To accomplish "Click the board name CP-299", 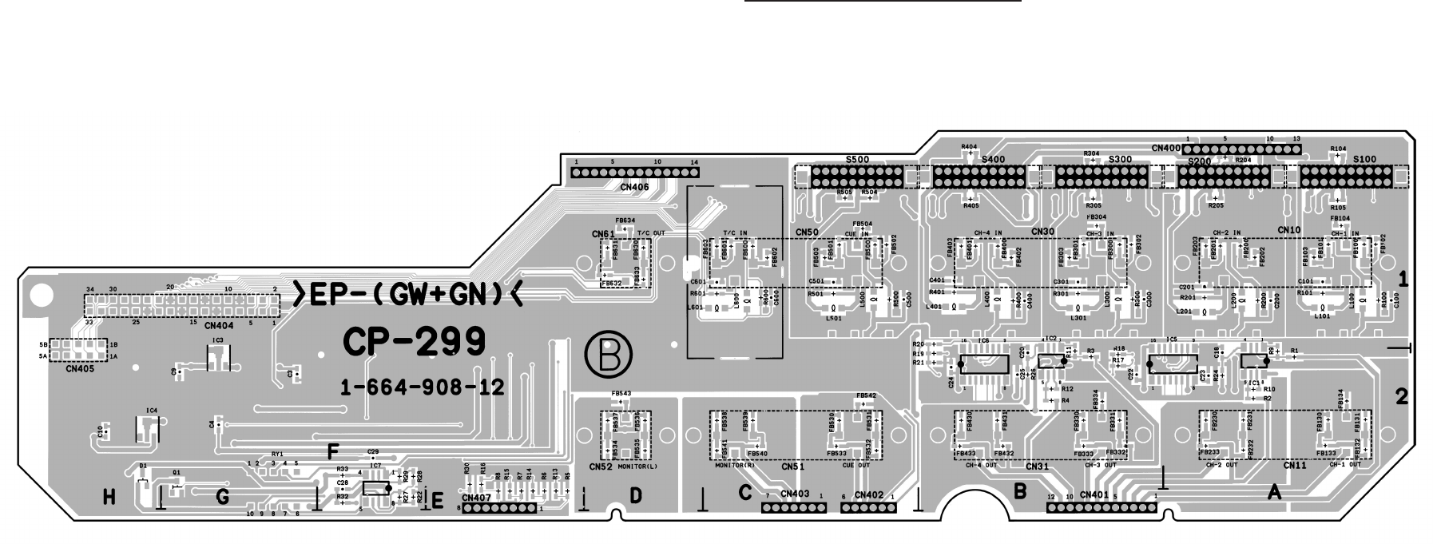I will (x=414, y=343).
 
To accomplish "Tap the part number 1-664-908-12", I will (x=423, y=387).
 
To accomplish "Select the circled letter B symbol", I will (x=608, y=355).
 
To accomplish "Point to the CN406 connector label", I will (x=634, y=188).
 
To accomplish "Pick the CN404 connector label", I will (x=219, y=326).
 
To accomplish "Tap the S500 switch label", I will (x=856, y=160).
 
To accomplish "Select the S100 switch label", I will (x=1364, y=160).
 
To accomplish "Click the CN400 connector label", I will (x=1165, y=149).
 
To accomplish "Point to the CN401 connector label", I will (x=1094, y=495).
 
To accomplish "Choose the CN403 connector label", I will (x=795, y=495).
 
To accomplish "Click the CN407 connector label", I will (x=476, y=498).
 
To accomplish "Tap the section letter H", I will (x=109, y=498).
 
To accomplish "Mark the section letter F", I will (x=333, y=451).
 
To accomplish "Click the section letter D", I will (x=635, y=495).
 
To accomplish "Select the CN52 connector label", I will (x=600, y=467).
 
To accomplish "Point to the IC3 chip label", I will (x=217, y=340).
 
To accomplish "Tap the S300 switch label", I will (x=1121, y=160).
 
